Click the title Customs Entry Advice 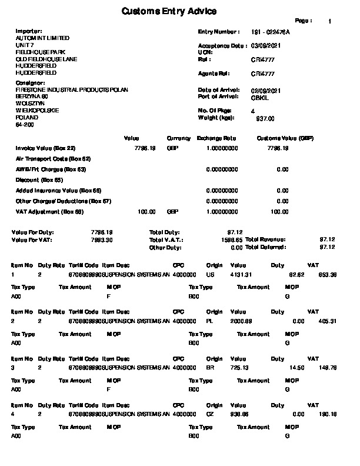pos(169,12)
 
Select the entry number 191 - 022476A pos(271,32)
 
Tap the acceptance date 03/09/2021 pos(266,45)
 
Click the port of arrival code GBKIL pos(259,96)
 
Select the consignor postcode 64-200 pos(25,125)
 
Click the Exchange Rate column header pos(216,138)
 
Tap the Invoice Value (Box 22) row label pos(45,148)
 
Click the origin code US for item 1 pos(211,275)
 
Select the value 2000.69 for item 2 pos(241,321)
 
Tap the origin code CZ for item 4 pos(211,414)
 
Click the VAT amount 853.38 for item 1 pos(327,275)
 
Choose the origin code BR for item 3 pos(211,368)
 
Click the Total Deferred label pos(265,247)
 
